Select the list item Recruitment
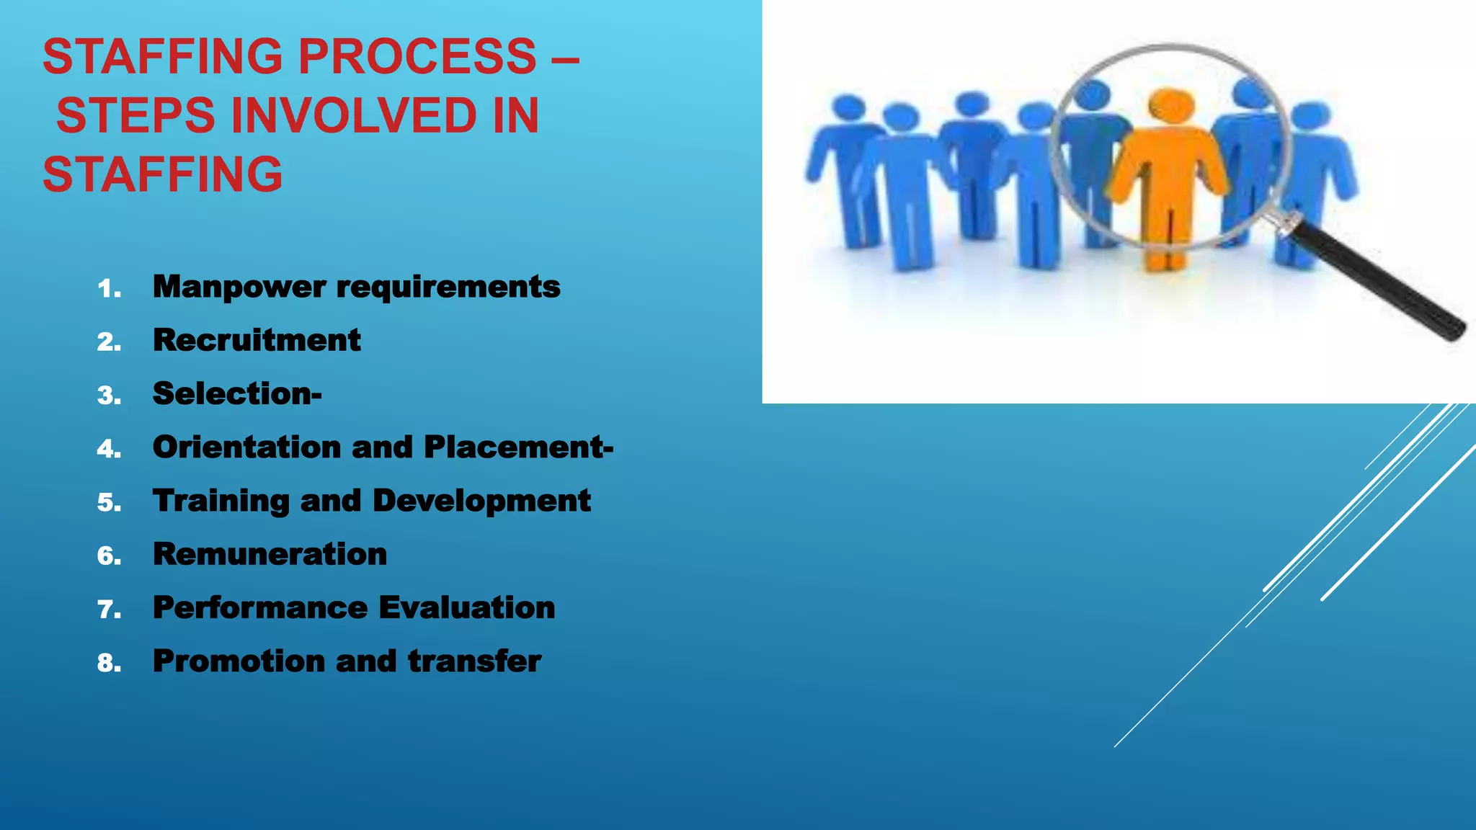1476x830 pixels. tap(257, 340)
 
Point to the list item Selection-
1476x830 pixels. tap(237, 393)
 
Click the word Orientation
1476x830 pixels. tap(246, 447)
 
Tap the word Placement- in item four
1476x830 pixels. tap(518, 447)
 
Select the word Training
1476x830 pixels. tap(221, 501)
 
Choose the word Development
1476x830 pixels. tap(481, 501)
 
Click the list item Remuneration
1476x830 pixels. tap(270, 554)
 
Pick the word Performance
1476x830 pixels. tap(260, 607)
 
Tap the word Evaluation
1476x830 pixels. tap(466, 607)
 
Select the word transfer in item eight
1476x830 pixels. tap(474, 661)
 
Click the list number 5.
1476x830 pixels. tap(108, 502)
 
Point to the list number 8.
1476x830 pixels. tap(108, 663)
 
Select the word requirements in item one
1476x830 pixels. tap(448, 287)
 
